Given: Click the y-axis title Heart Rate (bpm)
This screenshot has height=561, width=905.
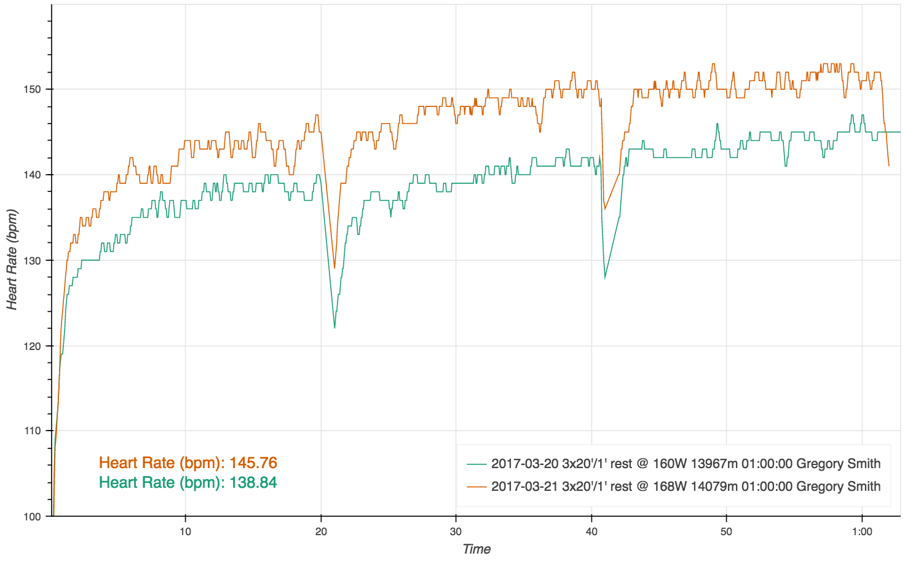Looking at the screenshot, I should click(12, 260).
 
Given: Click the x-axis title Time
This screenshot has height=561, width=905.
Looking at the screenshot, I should click(476, 549).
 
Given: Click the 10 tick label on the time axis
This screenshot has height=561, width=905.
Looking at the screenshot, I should click(185, 531).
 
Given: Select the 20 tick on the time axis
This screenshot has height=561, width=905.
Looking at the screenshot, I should click(320, 531).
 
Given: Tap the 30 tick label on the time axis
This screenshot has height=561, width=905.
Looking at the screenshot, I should click(456, 531).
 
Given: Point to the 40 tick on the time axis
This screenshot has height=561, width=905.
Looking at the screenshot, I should click(591, 531).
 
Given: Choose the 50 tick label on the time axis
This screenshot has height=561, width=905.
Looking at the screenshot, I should click(727, 531).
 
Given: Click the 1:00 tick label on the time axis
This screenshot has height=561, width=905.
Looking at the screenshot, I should click(862, 531).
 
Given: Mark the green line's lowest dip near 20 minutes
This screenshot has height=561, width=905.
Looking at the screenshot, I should click(334, 327).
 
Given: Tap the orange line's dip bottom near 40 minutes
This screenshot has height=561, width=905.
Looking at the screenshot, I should click(605, 209).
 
